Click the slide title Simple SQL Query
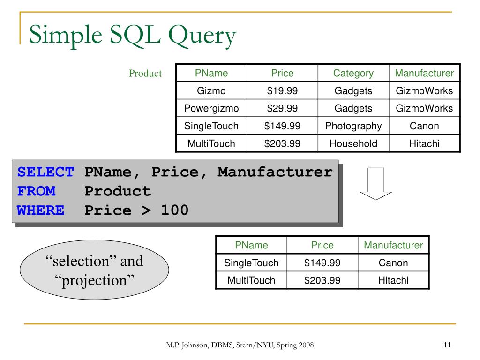pos(133,36)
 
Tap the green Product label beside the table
pos(145,74)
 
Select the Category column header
pos(353,73)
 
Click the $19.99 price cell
pos(282,90)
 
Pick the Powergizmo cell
pos(211,108)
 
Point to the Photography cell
pos(353,126)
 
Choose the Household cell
pos(353,143)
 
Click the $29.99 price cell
pos(282,108)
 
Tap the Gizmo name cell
pos(211,90)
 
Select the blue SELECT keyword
pos(45,172)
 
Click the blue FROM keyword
pos(36,191)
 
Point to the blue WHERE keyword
pos(41,210)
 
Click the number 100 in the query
pos(174,210)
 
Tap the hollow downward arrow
pos(375,184)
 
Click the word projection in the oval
pos(94,280)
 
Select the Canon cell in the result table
pos(393,263)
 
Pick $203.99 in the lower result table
pos(322,280)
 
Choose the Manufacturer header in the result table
pos(393,245)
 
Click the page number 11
pos(446,345)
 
